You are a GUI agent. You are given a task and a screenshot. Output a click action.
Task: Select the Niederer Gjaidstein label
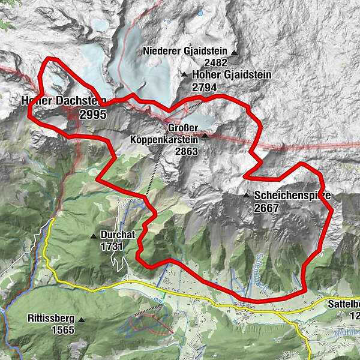pos(186,52)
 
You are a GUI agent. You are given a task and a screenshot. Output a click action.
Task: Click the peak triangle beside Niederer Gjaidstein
pos(235,52)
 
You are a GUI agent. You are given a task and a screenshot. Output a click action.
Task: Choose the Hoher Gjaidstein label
pos(232,75)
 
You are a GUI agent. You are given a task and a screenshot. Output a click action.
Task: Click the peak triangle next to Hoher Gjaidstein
pos(184,75)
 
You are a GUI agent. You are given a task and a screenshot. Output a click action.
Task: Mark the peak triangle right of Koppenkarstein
pos(205,136)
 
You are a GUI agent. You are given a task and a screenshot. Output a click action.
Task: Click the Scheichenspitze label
pos(292,196)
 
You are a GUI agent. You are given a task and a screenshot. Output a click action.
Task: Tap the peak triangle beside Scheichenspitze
pos(247,196)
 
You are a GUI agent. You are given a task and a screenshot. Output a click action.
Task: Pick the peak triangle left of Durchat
pos(94,236)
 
